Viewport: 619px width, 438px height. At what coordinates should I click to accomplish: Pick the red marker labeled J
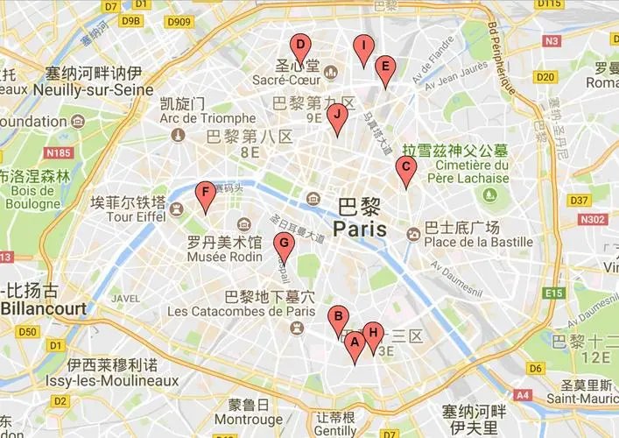pyautogui.click(x=336, y=116)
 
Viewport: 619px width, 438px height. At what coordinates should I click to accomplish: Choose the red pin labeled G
pyautogui.click(x=283, y=245)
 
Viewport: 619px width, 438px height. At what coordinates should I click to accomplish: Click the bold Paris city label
pyautogui.click(x=360, y=230)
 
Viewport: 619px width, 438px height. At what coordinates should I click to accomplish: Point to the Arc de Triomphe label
pyautogui.click(x=208, y=118)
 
